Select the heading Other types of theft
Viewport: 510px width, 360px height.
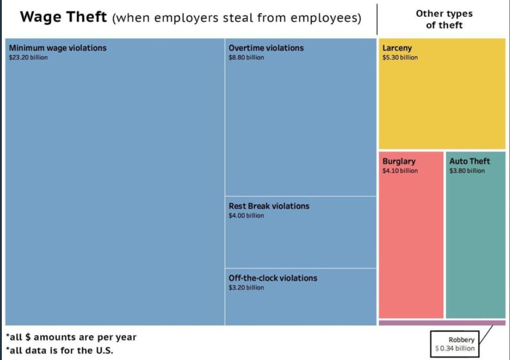(443, 19)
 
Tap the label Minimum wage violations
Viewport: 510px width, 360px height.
(57, 48)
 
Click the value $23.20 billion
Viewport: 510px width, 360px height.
(28, 57)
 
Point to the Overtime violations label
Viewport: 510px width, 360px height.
(266, 48)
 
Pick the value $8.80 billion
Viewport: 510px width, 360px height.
(246, 57)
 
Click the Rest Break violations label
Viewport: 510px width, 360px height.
(269, 206)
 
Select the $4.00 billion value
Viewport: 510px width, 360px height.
(246, 216)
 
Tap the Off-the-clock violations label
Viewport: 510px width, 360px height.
(273, 278)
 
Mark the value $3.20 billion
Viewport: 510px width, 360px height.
(246, 288)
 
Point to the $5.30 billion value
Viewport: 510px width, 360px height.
(400, 57)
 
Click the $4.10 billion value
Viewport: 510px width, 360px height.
(400, 171)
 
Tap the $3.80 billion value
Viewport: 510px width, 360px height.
(467, 171)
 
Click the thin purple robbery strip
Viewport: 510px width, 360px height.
(442, 323)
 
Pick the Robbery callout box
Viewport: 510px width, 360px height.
(454, 344)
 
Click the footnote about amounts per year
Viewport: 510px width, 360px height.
(71, 337)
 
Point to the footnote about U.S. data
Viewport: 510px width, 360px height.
(60, 350)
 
